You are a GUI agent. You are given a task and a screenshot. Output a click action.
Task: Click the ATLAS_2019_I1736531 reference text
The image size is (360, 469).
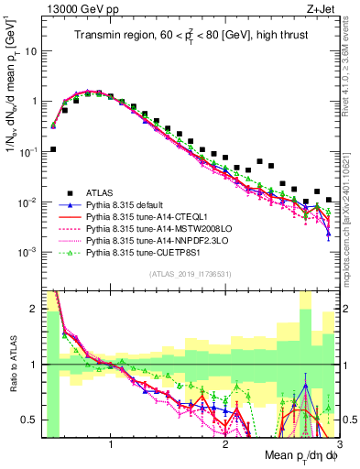pos(188,274)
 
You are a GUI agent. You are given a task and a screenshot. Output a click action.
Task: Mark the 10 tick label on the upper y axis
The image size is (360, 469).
pos(32,51)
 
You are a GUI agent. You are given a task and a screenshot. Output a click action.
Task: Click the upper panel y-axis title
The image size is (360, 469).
pos(13,92)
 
